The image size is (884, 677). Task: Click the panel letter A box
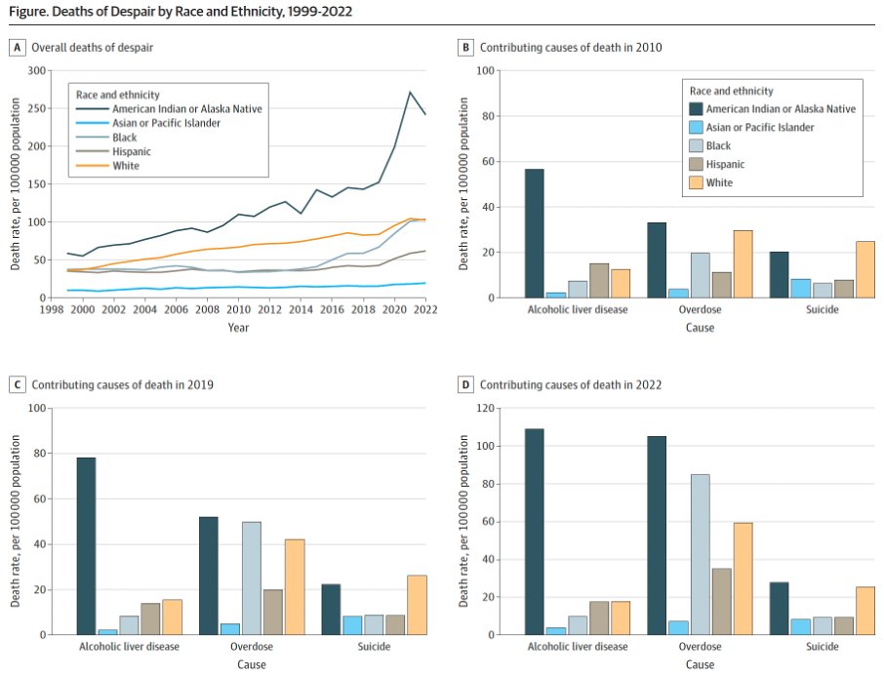tap(18, 47)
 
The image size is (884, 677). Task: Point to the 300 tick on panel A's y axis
tap(36, 71)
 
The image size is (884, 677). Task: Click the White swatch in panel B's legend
tap(696, 182)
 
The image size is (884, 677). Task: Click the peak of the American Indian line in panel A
tap(411, 92)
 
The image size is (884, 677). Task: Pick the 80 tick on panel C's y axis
tap(39, 454)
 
